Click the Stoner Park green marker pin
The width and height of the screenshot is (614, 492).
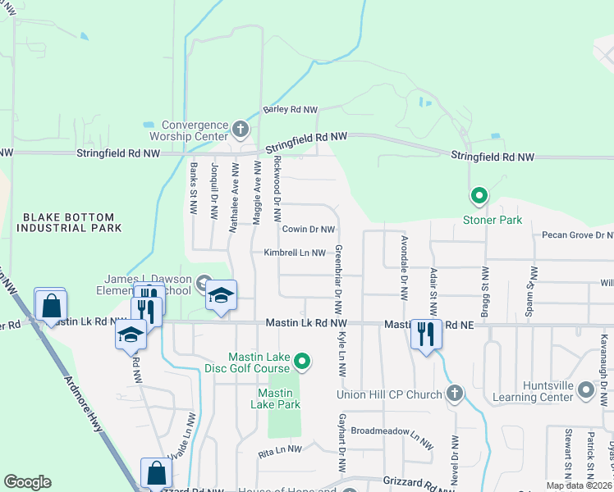point(479,197)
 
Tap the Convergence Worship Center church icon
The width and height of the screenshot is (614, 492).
point(240,128)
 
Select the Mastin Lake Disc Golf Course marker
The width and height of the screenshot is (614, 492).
point(302,361)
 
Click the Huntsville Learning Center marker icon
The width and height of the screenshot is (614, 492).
point(586,391)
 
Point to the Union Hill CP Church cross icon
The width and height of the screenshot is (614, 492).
point(455,394)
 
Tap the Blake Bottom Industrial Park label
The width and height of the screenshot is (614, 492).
point(72,221)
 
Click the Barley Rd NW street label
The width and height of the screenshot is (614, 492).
point(290,110)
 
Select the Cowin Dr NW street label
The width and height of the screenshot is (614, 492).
point(309,230)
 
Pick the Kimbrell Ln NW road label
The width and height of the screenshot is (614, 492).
point(295,253)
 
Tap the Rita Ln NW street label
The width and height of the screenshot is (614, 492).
point(280,449)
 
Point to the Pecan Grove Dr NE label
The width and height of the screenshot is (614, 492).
point(577,235)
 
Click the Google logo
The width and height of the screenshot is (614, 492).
point(27,482)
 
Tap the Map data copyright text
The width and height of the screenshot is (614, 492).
point(580,485)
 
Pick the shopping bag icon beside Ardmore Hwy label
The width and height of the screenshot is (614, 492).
point(51,306)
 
